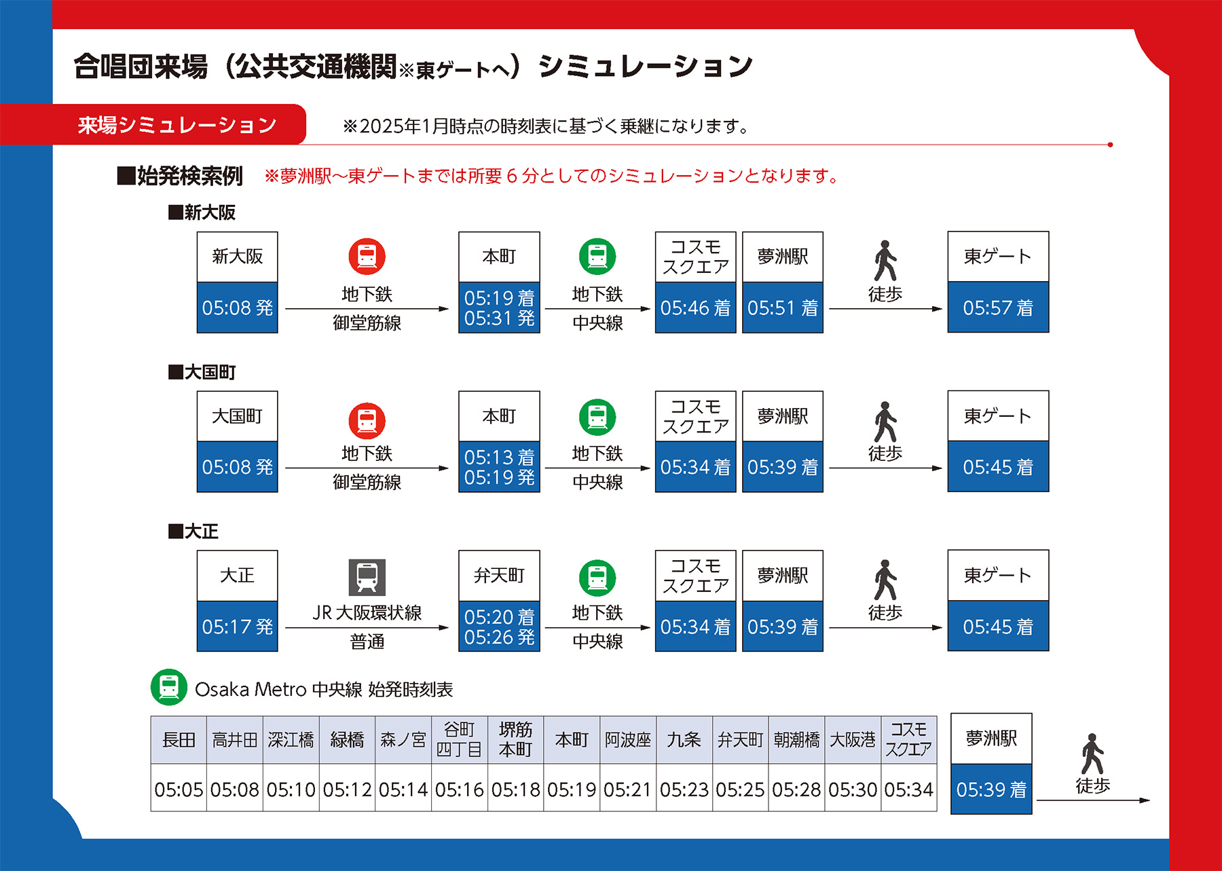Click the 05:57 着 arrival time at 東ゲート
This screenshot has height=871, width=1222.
pos(997,308)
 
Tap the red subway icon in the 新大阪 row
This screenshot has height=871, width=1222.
pos(367,257)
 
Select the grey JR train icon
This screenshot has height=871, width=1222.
pos(367,577)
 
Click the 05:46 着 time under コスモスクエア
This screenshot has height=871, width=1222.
pos(695,308)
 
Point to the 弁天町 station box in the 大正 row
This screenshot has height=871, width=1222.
pos(499,575)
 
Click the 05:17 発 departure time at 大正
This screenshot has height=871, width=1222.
pos(237,626)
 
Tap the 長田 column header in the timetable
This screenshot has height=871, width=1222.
pos(179,739)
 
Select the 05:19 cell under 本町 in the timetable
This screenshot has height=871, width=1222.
pos(572,790)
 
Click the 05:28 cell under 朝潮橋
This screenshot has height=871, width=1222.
pos(796,790)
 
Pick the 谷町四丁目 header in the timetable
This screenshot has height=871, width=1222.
pos(459,739)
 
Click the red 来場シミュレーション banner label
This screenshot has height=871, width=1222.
pos(177,125)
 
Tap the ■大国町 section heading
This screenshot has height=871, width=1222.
pos(202,372)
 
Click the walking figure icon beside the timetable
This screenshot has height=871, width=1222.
pos(1092,754)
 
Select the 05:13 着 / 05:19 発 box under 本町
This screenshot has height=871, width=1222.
pos(499,467)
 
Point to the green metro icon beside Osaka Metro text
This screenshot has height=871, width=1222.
pos(169,687)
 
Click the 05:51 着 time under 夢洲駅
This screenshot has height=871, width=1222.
pos(782,308)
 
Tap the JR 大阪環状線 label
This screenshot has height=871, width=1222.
pos(367,612)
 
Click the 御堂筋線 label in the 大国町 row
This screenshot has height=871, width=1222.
pos(367,482)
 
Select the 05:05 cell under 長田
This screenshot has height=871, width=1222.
pos(179,790)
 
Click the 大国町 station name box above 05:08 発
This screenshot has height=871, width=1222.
pos(237,415)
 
